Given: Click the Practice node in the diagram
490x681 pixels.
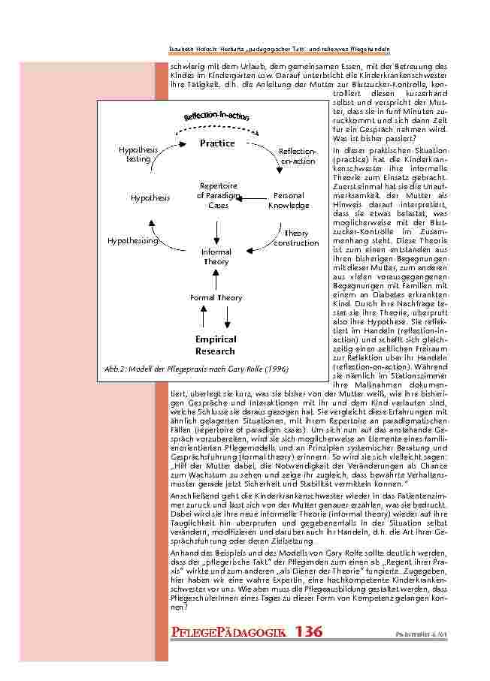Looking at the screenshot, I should (x=216, y=143).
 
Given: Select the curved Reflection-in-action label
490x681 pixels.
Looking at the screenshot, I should (x=216, y=116).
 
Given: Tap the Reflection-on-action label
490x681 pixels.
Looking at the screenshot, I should (x=297, y=156).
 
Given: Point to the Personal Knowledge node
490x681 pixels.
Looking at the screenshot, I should (x=289, y=200).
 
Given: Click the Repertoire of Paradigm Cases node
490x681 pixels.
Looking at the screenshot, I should (x=218, y=195).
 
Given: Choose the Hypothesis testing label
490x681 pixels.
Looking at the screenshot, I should (x=138, y=155).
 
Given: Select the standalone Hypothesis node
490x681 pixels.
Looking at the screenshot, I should (x=150, y=198).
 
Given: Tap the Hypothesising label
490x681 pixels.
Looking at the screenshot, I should (x=132, y=241).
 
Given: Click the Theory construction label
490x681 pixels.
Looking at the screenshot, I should (x=296, y=238).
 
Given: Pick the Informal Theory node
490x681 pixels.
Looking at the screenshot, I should (x=216, y=257).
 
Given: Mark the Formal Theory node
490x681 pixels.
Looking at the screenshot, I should (x=216, y=298).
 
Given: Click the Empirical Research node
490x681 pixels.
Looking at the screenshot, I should (x=216, y=345).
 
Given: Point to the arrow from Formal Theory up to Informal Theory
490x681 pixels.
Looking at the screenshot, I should (x=216, y=279).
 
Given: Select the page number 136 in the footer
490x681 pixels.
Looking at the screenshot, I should (x=309, y=631).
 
